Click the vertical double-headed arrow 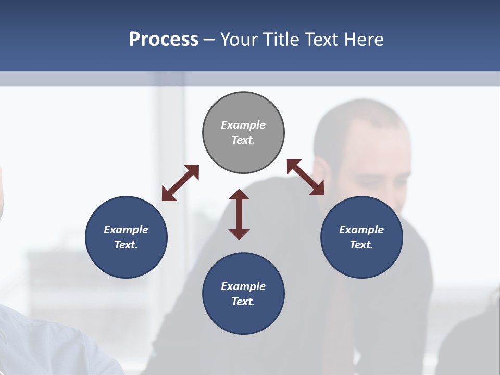pos(239,214)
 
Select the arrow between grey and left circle pos(180,183)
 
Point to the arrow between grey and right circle pos(306,177)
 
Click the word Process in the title pos(164,39)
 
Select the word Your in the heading pos(239,39)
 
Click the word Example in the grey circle pos(243,125)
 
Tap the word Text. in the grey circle pos(243,140)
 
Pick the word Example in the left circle pos(126,230)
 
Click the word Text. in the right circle pos(361,245)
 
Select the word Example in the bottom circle pos(243,286)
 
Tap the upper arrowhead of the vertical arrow pos(239,195)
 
